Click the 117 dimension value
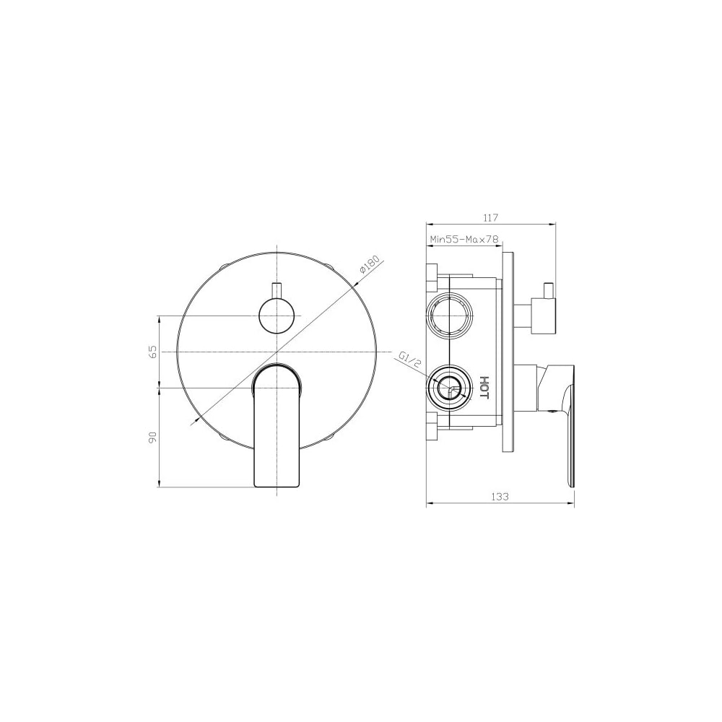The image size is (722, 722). tap(491, 217)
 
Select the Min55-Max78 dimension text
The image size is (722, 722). tap(464, 240)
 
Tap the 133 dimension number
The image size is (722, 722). tap(500, 497)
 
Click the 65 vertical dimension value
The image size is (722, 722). tap(153, 352)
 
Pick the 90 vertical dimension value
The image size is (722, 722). tap(153, 438)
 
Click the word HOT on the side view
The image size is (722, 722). tap(484, 387)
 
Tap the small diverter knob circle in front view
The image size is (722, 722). tap(277, 316)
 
